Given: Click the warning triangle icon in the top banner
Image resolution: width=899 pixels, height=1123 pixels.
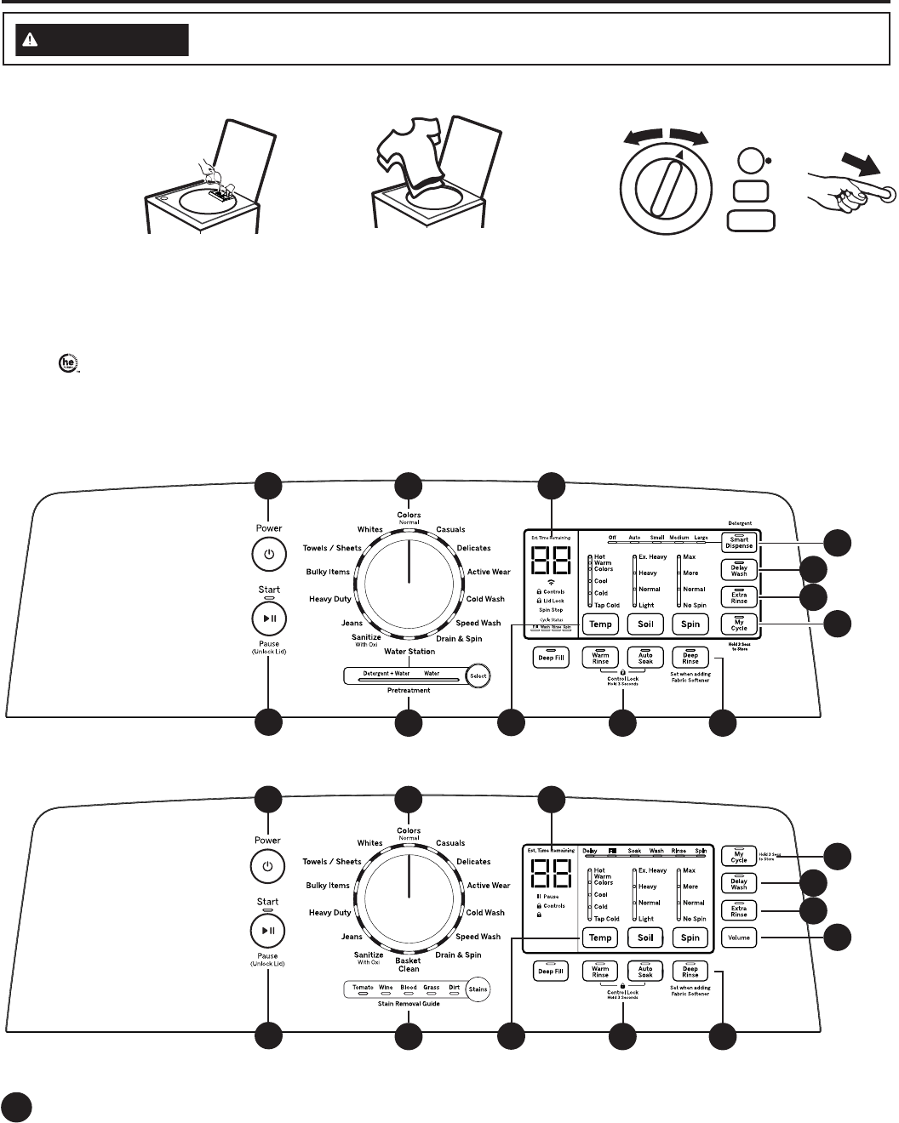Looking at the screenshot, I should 31,41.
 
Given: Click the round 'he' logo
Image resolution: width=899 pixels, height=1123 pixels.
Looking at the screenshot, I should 65,364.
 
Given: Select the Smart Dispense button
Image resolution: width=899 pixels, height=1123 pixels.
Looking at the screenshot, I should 739,542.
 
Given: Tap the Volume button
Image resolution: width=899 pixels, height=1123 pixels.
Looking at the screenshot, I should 739,938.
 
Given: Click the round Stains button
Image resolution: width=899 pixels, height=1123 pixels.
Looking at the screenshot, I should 478,989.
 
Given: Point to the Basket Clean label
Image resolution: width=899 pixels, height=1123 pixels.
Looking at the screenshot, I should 409,965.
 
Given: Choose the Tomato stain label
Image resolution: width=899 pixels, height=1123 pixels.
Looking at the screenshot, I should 363,988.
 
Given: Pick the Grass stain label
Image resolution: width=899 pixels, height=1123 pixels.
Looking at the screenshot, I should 432,988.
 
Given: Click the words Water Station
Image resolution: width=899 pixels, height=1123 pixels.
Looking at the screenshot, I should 409,652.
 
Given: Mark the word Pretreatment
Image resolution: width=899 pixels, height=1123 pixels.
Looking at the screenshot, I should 409,690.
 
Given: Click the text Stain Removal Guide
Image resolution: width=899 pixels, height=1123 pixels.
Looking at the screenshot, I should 409,1004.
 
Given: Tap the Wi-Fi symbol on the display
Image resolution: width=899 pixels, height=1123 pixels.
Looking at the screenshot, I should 551,581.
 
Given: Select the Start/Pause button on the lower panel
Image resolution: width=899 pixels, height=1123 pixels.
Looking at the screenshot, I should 267,932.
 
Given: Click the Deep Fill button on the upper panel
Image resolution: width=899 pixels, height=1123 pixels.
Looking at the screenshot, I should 550,658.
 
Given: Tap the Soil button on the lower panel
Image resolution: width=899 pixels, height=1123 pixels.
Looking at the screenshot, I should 645,938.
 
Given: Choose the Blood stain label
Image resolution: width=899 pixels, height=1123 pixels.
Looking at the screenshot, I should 409,988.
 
